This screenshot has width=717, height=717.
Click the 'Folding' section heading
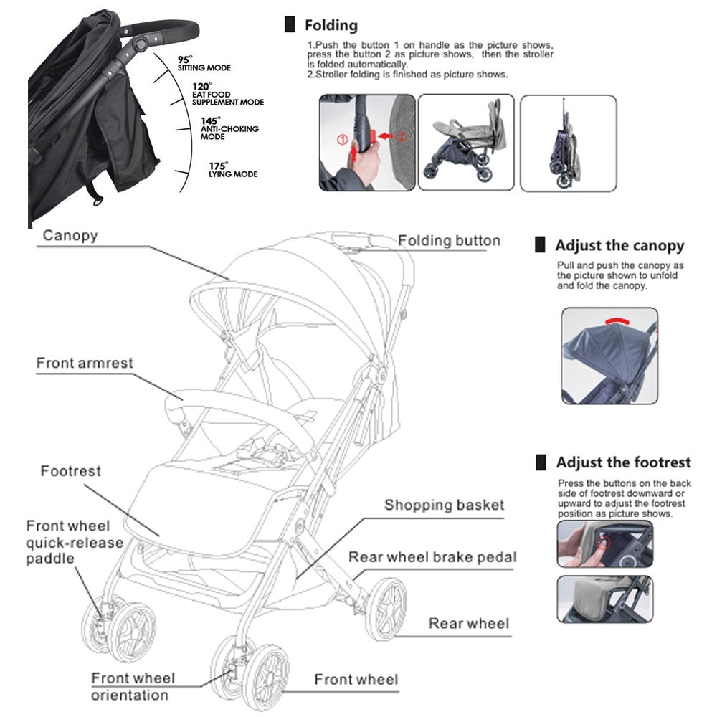331,26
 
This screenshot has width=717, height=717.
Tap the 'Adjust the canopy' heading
619,246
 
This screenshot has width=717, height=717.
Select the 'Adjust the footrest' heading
623,462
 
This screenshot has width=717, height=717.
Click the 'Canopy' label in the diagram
70,235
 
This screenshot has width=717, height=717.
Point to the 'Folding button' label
449,241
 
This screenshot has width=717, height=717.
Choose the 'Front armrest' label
85,363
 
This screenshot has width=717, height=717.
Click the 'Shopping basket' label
444,505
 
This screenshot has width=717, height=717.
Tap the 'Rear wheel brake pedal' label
432,556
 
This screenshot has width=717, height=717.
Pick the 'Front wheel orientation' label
133,686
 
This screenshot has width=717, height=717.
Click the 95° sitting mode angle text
204,64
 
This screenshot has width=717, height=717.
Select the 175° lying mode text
232,170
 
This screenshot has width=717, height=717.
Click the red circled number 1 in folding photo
342,137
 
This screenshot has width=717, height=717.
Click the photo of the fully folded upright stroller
567,143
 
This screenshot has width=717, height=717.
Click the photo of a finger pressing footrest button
604,543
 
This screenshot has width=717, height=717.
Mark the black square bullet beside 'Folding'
290,26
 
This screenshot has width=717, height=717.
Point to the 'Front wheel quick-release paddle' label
75,542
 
